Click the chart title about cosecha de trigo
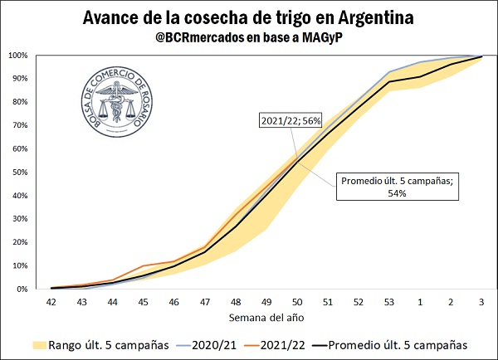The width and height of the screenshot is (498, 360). point(248,17)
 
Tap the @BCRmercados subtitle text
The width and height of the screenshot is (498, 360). point(248,37)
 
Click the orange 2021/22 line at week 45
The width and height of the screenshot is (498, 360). point(144,265)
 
